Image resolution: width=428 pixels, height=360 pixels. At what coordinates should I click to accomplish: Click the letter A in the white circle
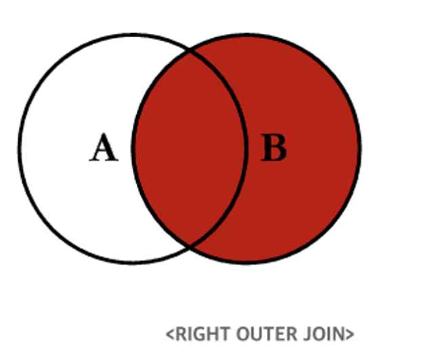click(x=104, y=148)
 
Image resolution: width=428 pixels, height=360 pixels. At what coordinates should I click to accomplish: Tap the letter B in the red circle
click(x=274, y=148)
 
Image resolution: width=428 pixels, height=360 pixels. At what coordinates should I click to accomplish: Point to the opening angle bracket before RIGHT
click(x=170, y=334)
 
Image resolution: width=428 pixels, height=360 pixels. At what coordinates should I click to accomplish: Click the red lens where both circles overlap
click(x=189, y=148)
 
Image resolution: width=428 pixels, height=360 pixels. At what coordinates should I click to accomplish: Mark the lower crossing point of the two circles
click(x=190, y=246)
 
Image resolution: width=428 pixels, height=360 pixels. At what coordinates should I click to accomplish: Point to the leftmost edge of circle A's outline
click(x=20, y=148)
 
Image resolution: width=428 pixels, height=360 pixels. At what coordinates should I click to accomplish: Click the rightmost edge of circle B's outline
click(x=360, y=148)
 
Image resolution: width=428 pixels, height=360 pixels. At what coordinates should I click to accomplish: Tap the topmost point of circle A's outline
click(x=132, y=35)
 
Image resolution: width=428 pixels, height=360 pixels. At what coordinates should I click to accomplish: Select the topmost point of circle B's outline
click(x=247, y=35)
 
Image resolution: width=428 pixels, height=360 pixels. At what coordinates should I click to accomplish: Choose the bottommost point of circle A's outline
click(x=132, y=262)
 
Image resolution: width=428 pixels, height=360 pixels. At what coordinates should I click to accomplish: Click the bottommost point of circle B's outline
click(x=247, y=262)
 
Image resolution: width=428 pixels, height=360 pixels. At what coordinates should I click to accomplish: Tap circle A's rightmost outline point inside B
click(x=245, y=148)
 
